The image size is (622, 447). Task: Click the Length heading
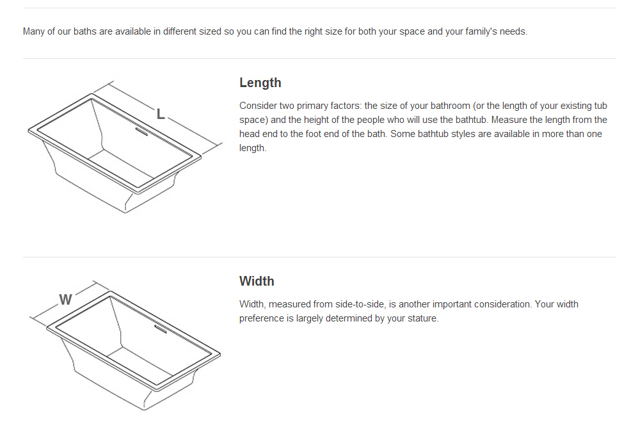(x=260, y=83)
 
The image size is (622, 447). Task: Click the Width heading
(x=257, y=281)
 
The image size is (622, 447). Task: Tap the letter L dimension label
(x=160, y=115)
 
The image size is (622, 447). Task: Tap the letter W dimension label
(x=65, y=299)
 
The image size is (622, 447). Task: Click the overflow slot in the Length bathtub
(x=141, y=131)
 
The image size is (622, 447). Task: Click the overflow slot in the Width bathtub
(x=160, y=329)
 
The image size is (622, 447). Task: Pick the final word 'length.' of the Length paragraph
(x=253, y=149)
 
